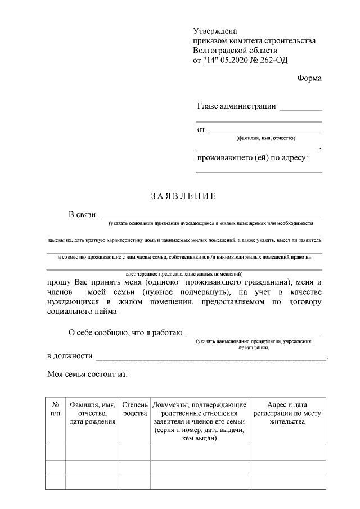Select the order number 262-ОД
276,60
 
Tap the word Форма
309,78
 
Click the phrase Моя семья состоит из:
88,374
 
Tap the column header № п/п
55,409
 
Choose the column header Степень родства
135,409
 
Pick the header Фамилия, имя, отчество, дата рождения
92,413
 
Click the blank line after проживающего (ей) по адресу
259,170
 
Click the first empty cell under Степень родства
135,452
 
